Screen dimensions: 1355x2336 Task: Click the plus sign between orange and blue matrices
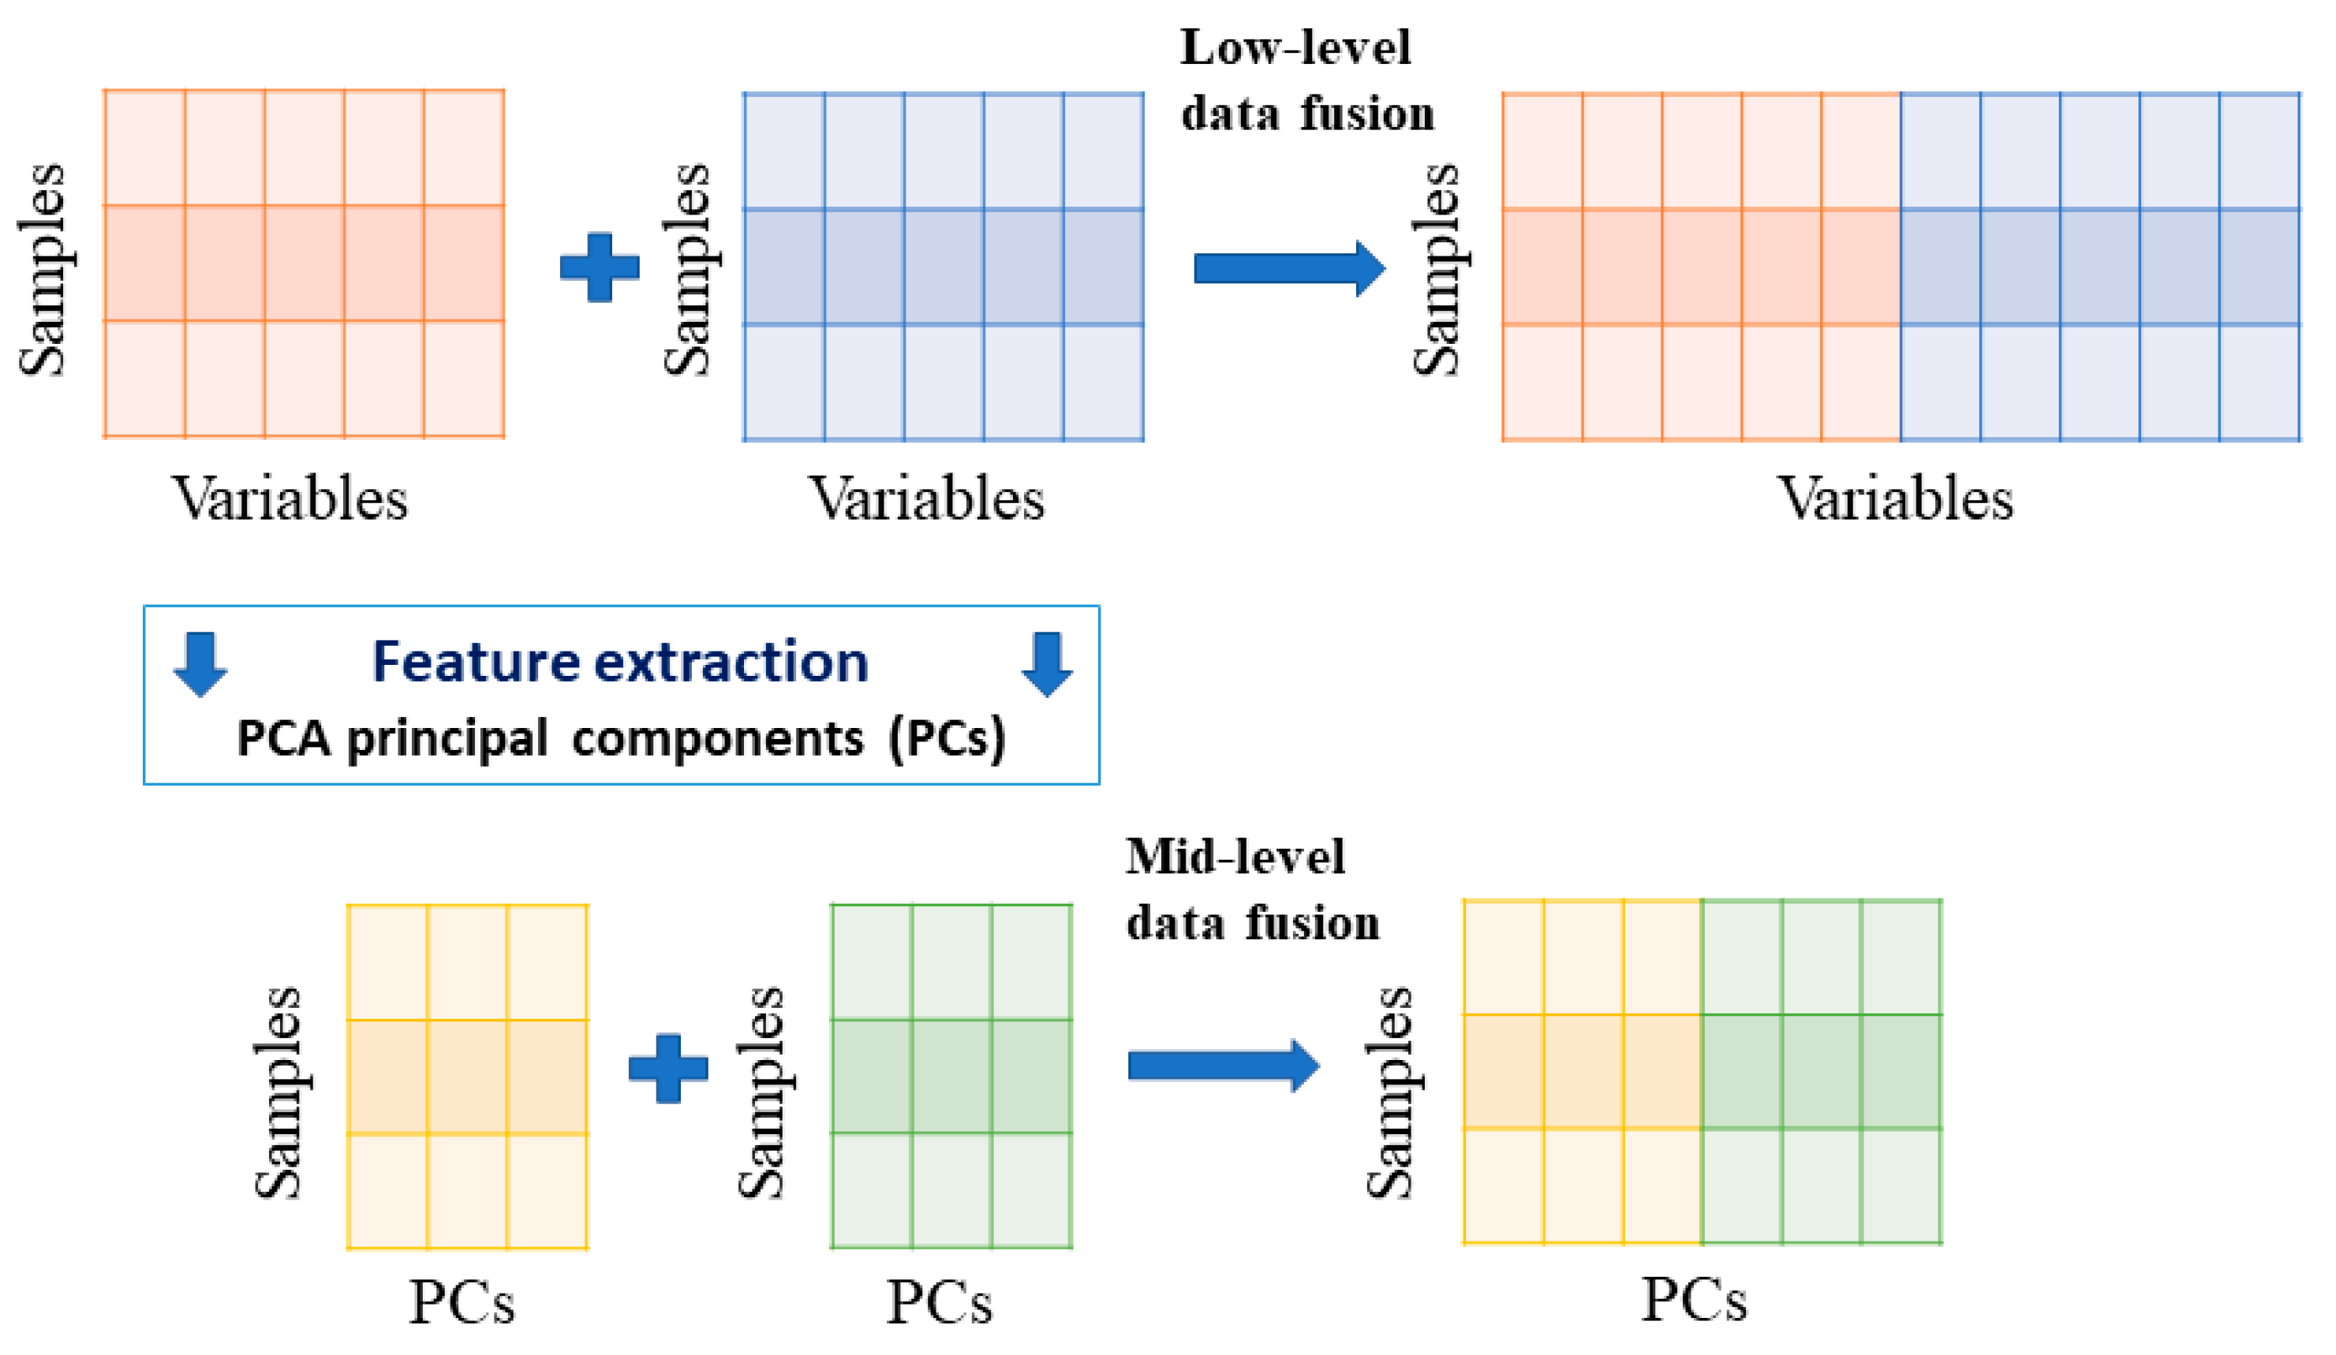600,267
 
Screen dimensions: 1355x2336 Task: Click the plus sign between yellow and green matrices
668,1068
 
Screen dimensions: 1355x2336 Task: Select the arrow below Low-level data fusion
1288,268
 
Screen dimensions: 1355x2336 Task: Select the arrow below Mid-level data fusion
1223,1066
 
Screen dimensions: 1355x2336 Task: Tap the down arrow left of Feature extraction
200,663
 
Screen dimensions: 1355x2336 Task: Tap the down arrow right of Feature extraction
1047,663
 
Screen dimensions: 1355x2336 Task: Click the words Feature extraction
620,662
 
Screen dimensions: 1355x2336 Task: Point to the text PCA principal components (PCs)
621,739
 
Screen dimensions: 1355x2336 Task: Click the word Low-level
1295,47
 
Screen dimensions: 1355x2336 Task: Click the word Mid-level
1235,857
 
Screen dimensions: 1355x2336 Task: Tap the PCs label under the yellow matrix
462,1302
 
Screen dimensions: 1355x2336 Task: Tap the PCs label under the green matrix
939,1302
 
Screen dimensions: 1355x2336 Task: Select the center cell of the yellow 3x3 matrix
467,1076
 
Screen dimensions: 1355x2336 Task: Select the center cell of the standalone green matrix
951,1076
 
